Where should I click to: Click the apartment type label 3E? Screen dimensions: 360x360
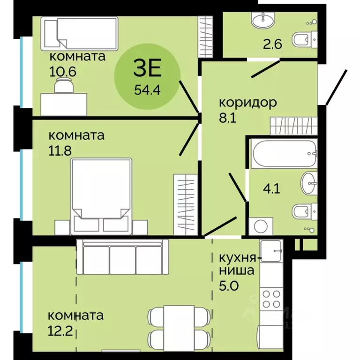148,67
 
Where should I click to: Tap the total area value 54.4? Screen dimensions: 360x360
147,90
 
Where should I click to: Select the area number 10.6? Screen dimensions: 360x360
63,72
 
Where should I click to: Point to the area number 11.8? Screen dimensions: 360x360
60,151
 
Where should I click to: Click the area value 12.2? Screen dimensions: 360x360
60,331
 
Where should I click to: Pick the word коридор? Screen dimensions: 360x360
248,103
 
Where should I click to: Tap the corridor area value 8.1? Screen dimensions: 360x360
228,118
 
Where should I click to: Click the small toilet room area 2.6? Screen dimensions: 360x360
272,44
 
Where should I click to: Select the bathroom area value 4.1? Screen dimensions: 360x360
271,189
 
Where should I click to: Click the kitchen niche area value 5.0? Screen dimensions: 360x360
229,286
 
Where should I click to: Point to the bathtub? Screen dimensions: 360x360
284,153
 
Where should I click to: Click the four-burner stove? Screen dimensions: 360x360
271,299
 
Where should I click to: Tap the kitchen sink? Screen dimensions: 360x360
271,251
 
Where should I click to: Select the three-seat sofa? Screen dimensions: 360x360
123,257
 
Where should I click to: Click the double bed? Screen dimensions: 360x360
101,196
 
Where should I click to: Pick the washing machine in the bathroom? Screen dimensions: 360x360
261,226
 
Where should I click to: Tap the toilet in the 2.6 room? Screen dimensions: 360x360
305,40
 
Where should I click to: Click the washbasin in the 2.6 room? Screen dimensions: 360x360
263,20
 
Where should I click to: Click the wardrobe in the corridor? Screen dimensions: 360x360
294,126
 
